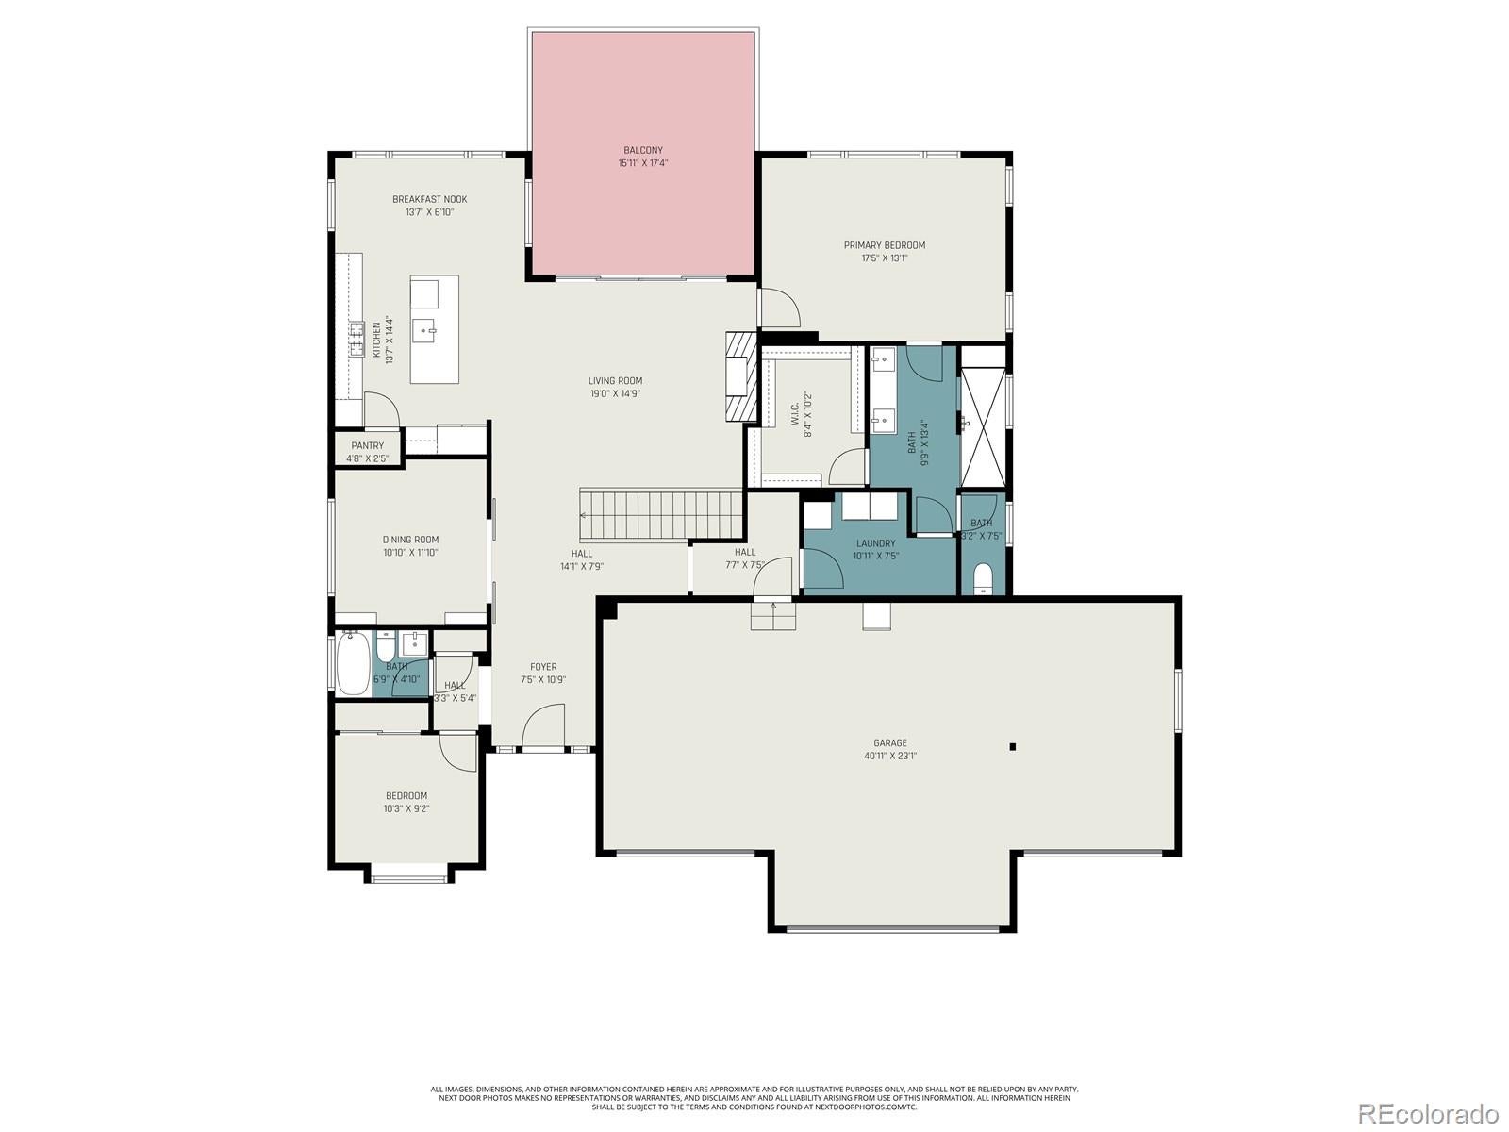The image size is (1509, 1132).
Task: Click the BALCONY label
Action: point(642,150)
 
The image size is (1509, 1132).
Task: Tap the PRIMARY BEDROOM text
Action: point(884,245)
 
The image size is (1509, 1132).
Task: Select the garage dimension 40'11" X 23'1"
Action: point(889,756)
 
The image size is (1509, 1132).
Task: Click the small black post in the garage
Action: point(1012,747)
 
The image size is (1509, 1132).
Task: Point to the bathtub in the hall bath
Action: point(354,664)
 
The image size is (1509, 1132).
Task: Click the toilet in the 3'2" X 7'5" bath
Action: point(982,577)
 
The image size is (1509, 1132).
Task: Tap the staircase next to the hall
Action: point(660,515)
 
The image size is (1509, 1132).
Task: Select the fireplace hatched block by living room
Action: point(741,377)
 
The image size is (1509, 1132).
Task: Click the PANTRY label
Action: point(367,446)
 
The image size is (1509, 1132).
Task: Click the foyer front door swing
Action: point(541,726)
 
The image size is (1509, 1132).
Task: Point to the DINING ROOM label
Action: point(410,540)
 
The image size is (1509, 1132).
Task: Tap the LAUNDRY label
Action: point(875,543)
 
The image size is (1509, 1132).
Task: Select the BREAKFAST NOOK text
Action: point(429,199)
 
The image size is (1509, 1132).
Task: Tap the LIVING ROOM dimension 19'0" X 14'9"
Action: point(614,394)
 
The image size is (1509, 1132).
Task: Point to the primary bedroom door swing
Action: point(779,308)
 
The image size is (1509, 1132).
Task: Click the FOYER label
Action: point(542,667)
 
